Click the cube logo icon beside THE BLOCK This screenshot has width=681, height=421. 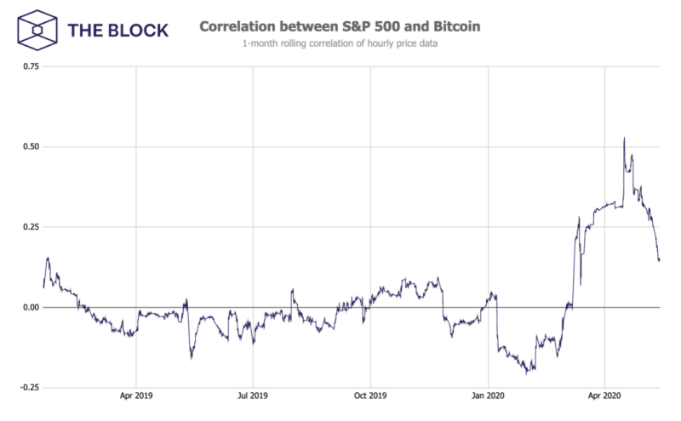click(x=37, y=30)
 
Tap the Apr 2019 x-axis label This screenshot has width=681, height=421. click(x=135, y=396)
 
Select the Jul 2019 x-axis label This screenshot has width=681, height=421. click(x=253, y=396)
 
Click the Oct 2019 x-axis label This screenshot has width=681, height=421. click(x=370, y=396)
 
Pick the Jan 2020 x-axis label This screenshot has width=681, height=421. click(x=489, y=396)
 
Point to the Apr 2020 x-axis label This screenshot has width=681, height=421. click(x=604, y=396)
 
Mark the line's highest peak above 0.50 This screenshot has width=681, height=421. click(x=624, y=138)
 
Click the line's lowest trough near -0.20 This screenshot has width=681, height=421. click(x=528, y=373)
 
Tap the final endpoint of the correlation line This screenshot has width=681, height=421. click(x=659, y=260)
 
